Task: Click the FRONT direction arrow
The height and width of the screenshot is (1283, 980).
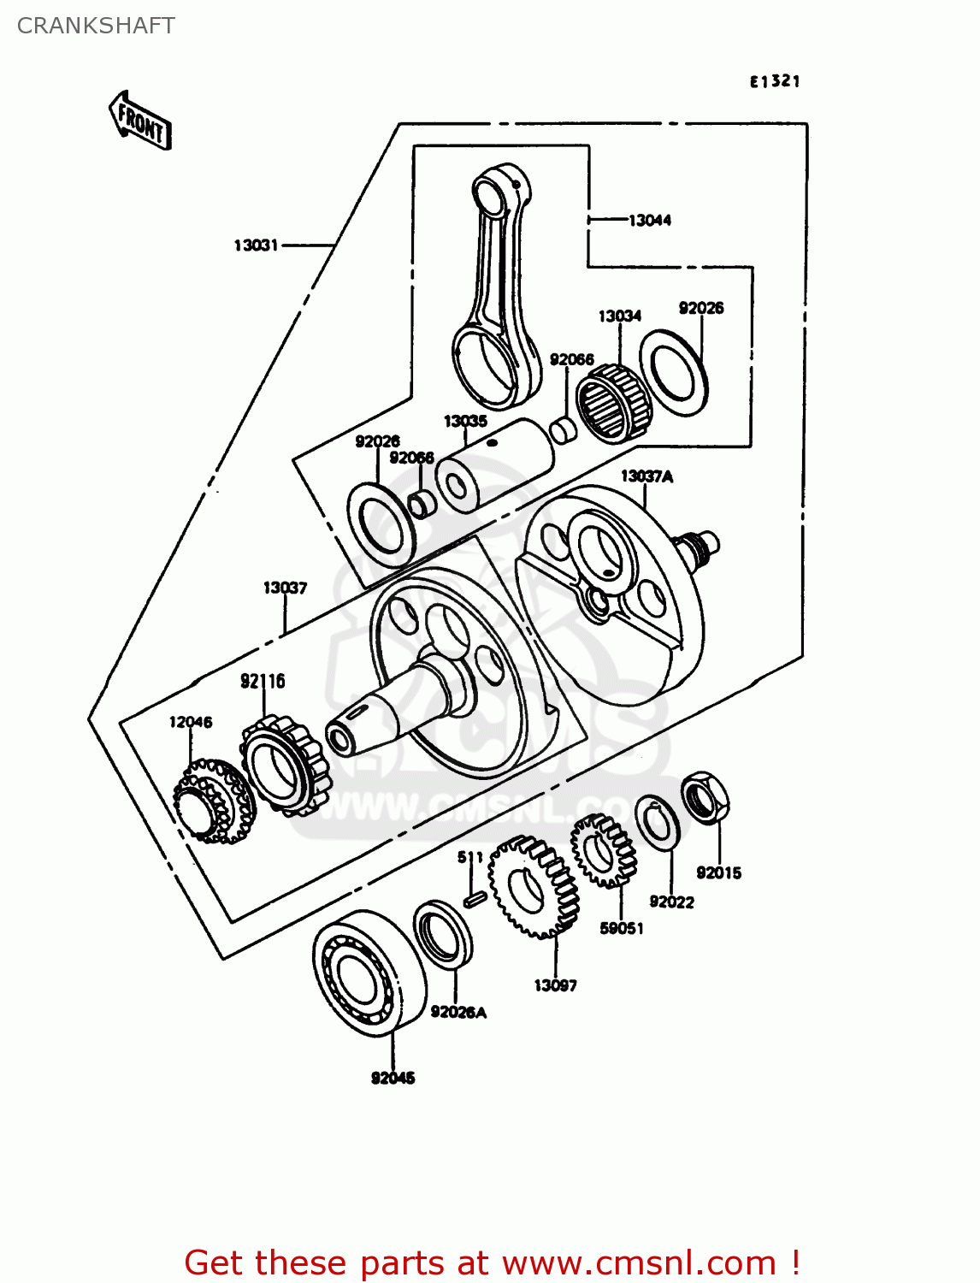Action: point(140,121)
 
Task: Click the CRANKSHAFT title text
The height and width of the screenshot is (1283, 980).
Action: point(96,26)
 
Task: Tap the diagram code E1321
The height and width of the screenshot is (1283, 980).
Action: point(775,81)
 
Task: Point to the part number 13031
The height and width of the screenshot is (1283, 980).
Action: point(257,245)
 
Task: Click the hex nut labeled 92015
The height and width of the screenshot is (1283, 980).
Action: point(705,797)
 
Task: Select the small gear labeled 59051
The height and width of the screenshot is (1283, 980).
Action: point(604,850)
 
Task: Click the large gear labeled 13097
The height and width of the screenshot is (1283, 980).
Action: point(534,887)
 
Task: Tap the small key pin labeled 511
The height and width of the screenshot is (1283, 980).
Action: point(475,898)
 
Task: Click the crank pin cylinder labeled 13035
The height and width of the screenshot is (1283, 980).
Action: point(494,466)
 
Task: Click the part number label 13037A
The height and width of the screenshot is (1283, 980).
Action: point(646,476)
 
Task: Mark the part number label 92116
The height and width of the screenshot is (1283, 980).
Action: point(263,681)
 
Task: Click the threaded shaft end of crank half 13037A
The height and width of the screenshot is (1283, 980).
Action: point(699,547)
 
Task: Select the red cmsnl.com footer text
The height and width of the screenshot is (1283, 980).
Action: point(492,1262)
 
